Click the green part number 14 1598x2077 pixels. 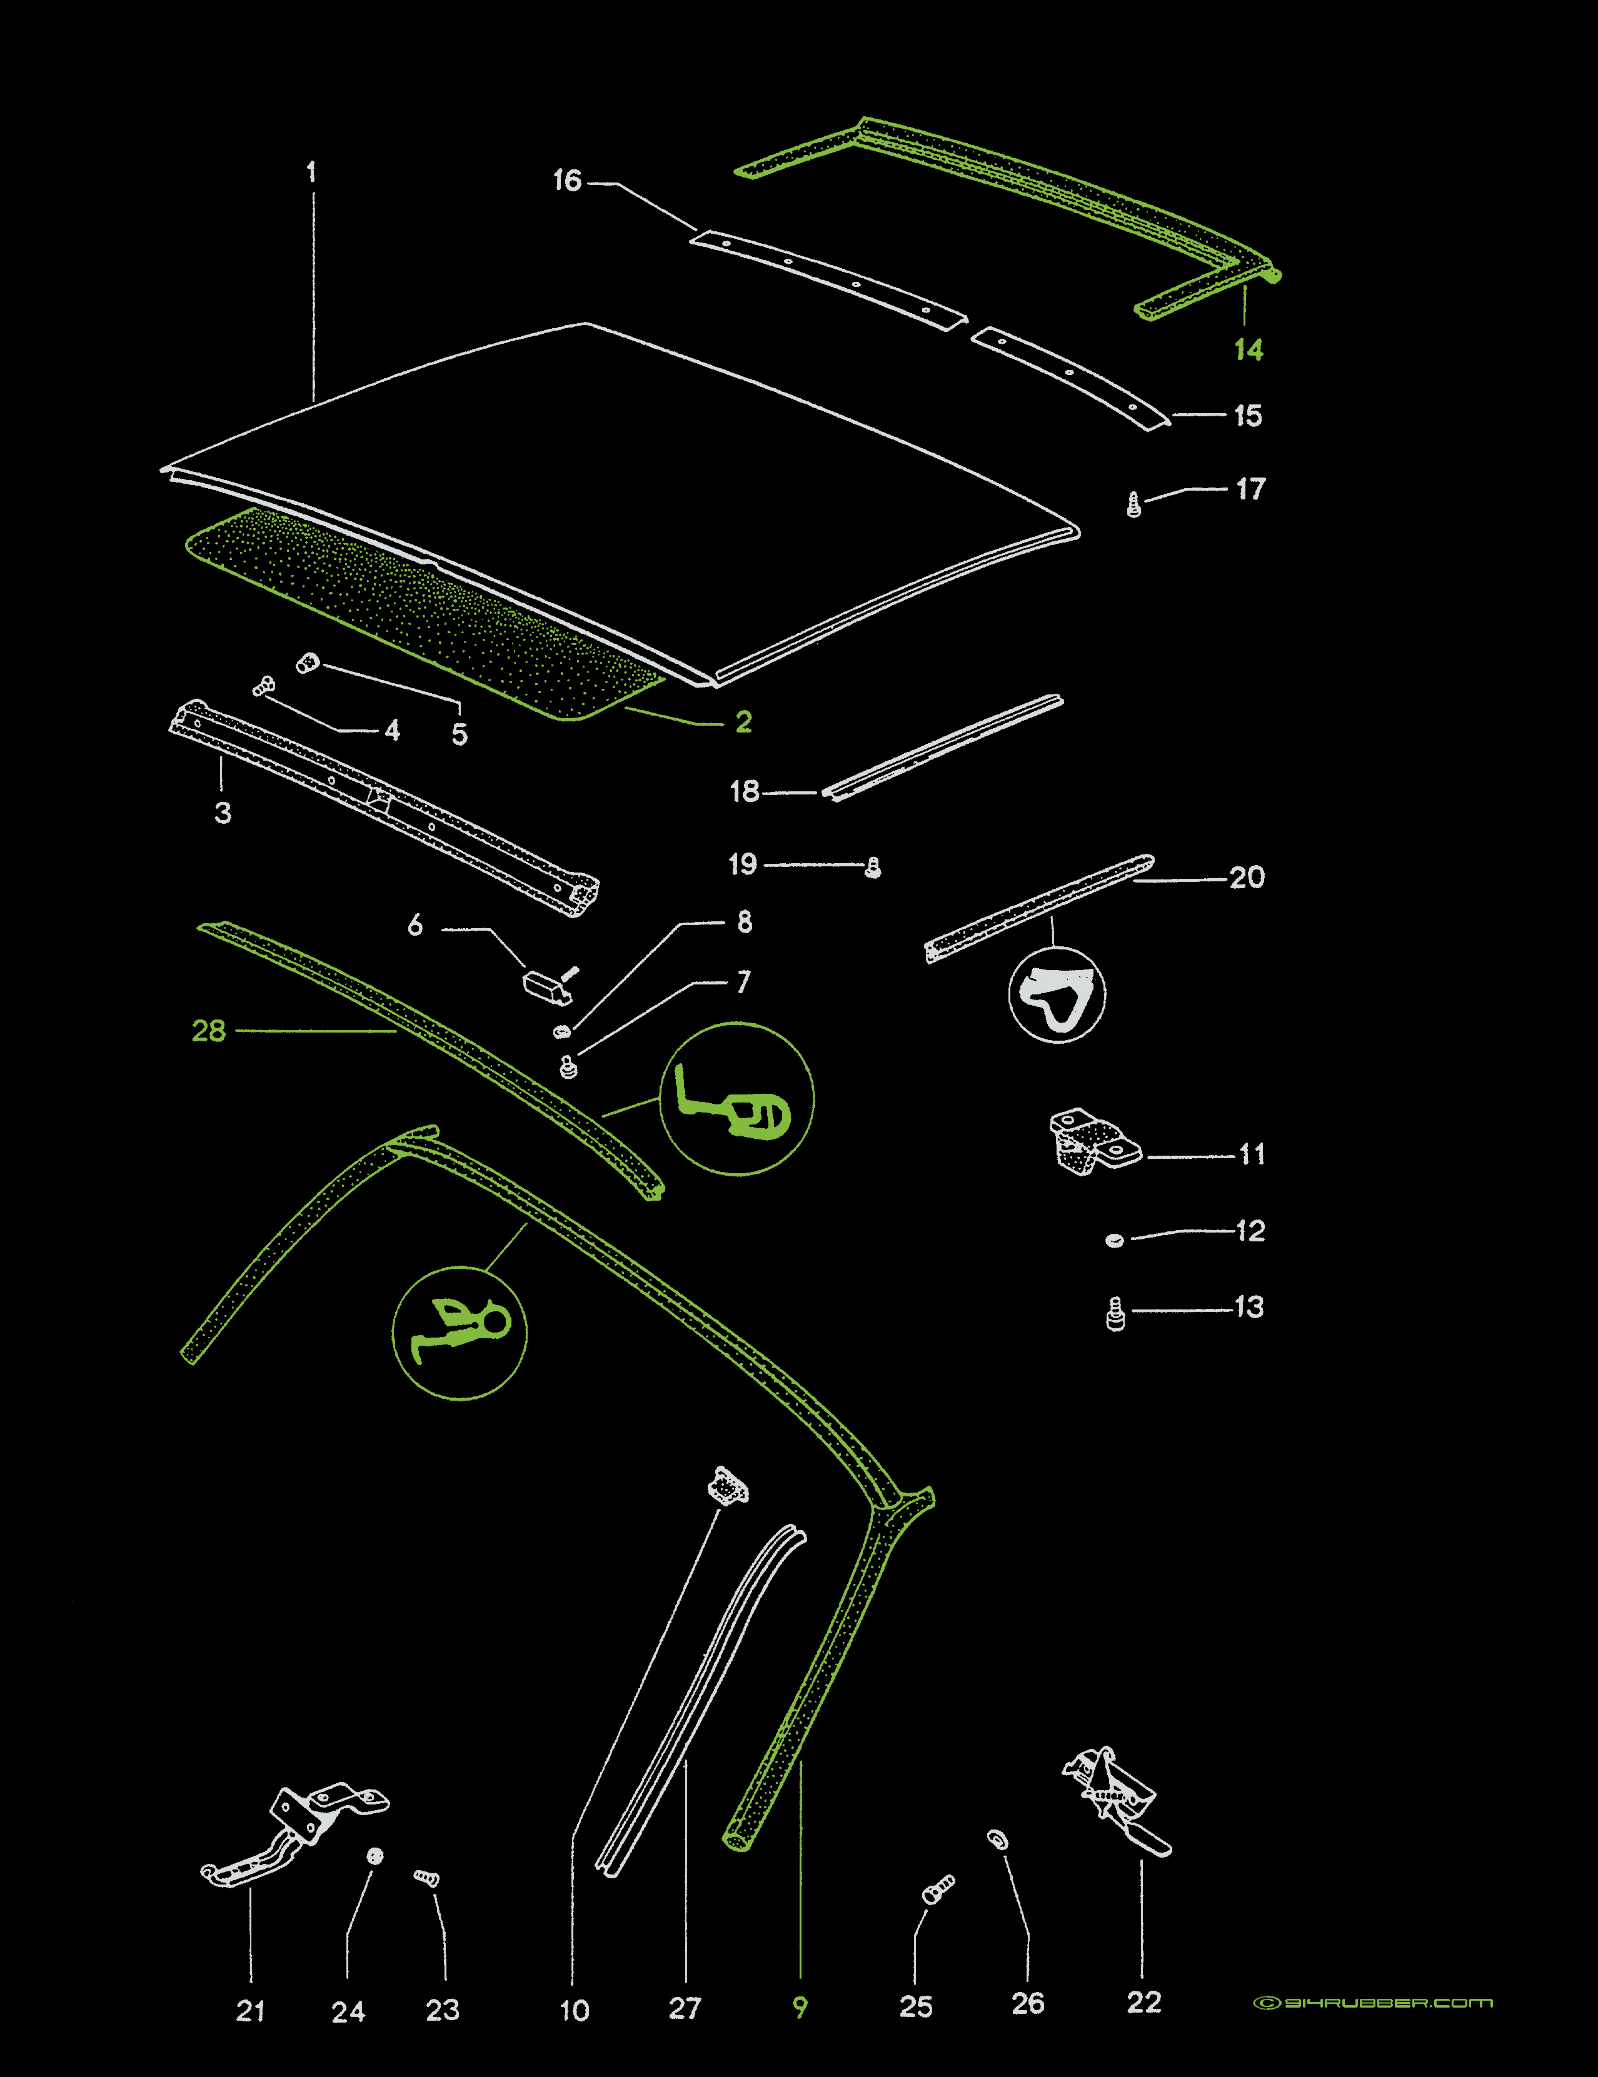[1248, 350]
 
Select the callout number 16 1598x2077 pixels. [567, 181]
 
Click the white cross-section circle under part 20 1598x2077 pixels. [1057, 995]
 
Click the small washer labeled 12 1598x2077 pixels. [1115, 1239]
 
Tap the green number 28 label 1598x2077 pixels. [208, 1031]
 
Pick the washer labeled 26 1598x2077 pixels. [998, 1840]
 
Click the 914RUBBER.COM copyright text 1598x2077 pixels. [1372, 2002]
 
